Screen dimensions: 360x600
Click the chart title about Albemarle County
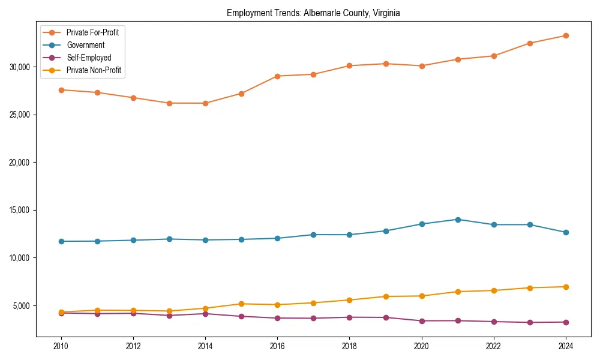(x=313, y=13)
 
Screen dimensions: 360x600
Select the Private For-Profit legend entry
(x=92, y=32)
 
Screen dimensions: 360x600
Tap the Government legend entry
(x=85, y=45)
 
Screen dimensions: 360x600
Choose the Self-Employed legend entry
(x=89, y=58)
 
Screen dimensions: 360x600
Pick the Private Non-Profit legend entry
(x=94, y=70)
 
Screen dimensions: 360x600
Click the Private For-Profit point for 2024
(x=566, y=35)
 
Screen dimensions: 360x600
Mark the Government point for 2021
(x=458, y=220)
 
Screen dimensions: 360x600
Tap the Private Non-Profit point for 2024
(x=566, y=287)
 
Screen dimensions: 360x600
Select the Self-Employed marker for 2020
(x=422, y=321)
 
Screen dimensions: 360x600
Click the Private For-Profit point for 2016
(x=277, y=76)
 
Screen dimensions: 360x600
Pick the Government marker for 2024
(x=566, y=232)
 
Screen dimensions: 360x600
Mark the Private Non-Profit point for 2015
(x=241, y=304)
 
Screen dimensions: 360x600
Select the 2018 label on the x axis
(x=349, y=346)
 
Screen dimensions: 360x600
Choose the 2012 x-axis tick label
(x=133, y=346)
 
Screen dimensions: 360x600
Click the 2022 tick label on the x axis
(x=494, y=346)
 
